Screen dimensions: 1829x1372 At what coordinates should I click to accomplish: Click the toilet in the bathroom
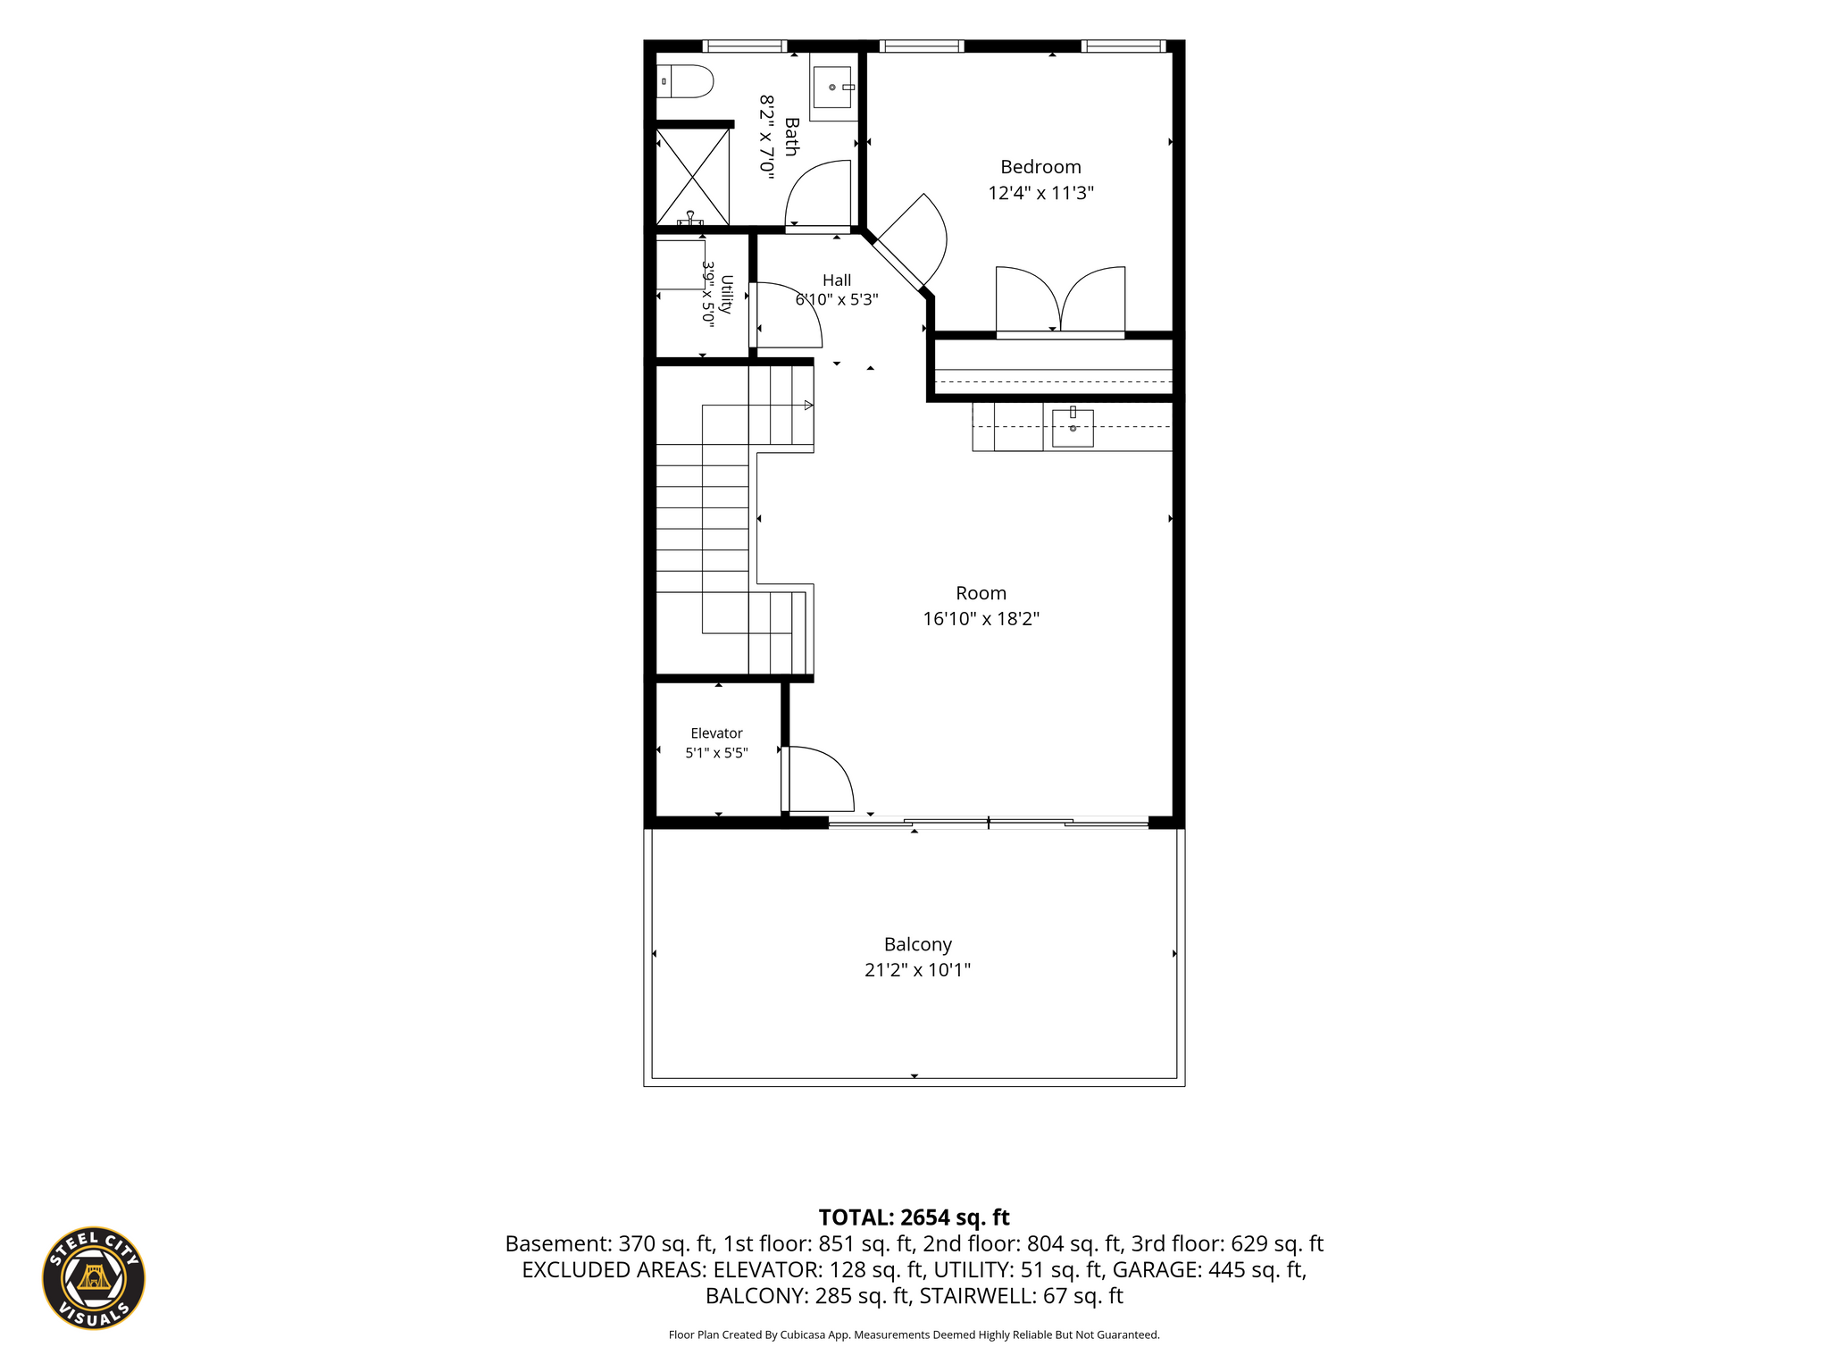(x=685, y=82)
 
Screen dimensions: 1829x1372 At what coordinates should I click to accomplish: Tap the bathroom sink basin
(x=832, y=88)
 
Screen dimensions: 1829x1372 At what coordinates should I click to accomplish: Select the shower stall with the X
(x=693, y=177)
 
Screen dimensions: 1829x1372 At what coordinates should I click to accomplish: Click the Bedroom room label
(x=1040, y=167)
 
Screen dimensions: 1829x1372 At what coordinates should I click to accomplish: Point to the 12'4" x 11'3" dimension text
(x=1040, y=193)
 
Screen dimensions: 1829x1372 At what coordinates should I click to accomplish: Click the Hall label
(x=837, y=280)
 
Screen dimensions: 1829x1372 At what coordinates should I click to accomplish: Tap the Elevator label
(x=716, y=733)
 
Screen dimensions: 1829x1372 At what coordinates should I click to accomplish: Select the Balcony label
(x=917, y=944)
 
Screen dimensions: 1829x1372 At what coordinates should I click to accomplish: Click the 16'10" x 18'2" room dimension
(x=981, y=619)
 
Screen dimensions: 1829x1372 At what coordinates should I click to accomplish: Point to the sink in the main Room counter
(x=1073, y=427)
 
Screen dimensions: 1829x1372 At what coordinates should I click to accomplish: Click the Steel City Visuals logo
(x=94, y=1278)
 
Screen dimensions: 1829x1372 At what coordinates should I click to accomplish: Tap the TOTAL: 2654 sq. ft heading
(x=914, y=1217)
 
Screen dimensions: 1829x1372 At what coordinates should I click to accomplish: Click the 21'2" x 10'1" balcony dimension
(x=917, y=970)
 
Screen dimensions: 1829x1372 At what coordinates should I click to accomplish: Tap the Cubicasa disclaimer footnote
(x=914, y=1334)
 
